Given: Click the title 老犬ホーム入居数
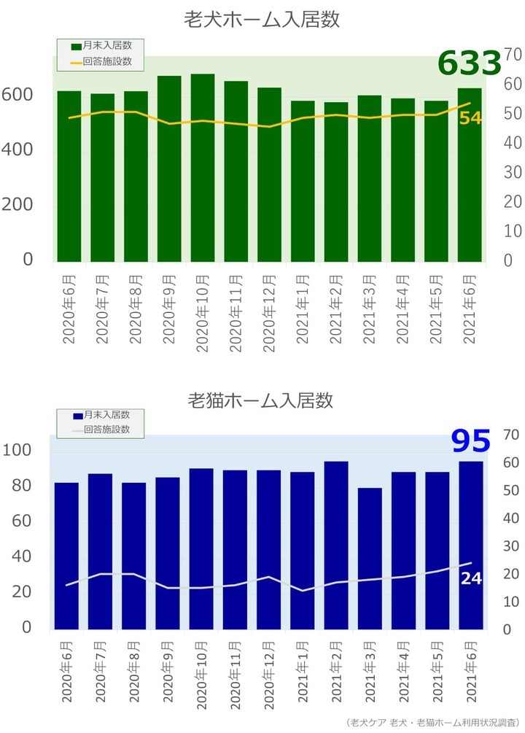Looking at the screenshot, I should click(x=262, y=20).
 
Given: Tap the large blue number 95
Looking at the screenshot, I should click(x=470, y=441).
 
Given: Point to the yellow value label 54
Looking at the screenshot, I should click(x=470, y=117).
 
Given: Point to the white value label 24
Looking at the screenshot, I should click(x=470, y=578).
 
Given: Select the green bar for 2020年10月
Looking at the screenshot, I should click(x=203, y=168).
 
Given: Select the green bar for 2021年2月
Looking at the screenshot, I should click(x=336, y=182).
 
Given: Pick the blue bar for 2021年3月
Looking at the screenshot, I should click(x=370, y=558).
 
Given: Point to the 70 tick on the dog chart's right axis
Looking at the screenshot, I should click(x=510, y=55).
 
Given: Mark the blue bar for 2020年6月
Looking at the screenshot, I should click(x=66, y=555).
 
